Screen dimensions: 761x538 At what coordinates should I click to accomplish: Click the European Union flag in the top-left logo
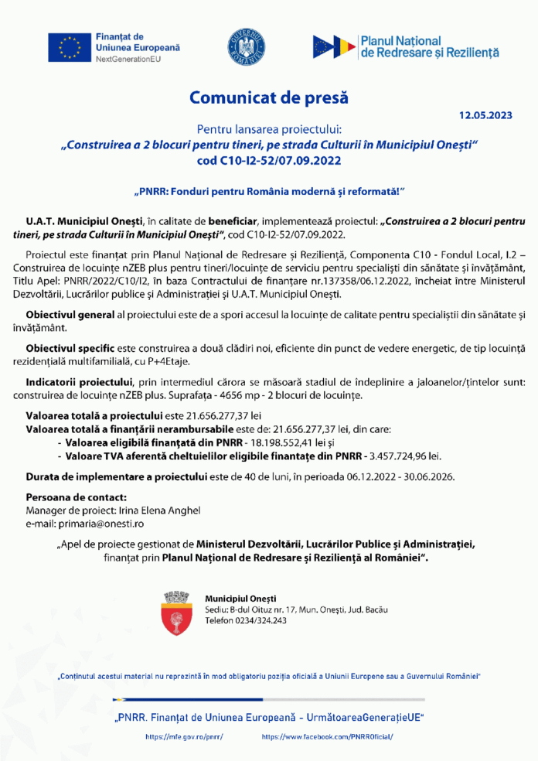tap(70, 48)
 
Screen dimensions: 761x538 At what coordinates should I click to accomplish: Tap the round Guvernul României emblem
tap(247, 47)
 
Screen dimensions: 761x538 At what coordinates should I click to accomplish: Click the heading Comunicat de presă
tap(269, 98)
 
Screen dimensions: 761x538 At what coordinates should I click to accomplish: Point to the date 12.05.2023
tap(485, 115)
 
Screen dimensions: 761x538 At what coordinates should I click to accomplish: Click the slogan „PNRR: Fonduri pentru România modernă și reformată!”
tap(269, 190)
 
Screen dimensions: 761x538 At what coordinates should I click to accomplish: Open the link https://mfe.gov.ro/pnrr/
tap(184, 737)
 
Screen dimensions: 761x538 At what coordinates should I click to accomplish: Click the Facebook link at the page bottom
tap(327, 737)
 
